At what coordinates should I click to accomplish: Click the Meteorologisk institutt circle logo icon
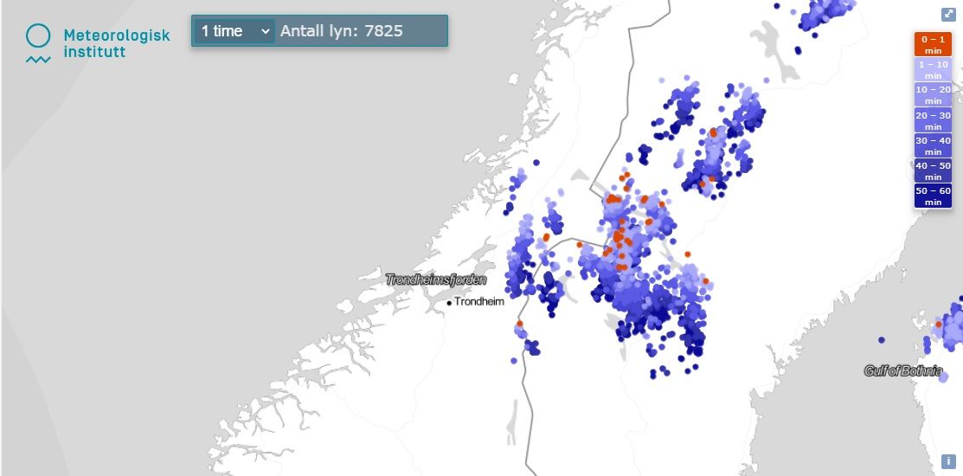point(38,35)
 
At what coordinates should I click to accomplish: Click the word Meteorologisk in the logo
point(117,35)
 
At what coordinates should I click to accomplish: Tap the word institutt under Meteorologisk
point(94,52)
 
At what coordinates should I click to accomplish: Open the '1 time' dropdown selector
point(234,31)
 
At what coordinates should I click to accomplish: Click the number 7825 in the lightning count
point(383,31)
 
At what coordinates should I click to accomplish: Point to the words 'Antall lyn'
point(317,31)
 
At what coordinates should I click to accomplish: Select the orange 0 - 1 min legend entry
point(934,44)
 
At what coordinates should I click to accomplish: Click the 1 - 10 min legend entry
point(934,70)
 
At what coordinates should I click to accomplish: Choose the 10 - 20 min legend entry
point(934,95)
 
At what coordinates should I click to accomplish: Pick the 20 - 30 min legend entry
point(934,120)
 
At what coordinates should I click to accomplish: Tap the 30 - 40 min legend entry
point(934,145)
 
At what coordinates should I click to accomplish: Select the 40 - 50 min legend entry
point(934,170)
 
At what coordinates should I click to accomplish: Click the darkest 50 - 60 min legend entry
point(934,196)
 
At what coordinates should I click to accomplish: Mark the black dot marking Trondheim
point(449,303)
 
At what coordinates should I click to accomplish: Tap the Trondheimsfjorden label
point(436,280)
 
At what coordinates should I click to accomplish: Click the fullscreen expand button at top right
point(948,15)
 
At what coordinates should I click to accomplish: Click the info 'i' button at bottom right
point(948,461)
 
